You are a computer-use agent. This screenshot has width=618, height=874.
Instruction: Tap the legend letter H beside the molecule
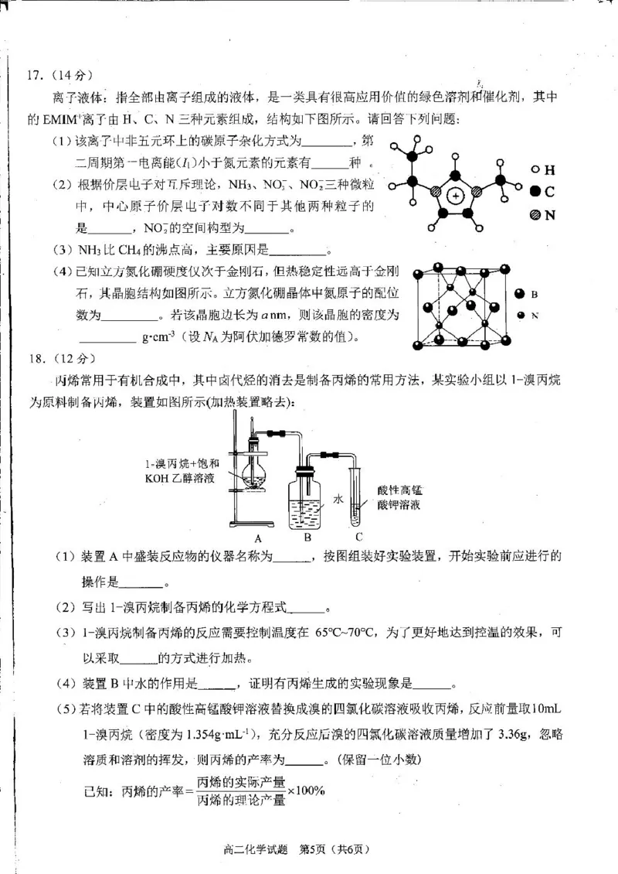(550, 169)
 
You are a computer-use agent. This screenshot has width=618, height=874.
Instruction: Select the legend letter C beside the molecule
(550, 192)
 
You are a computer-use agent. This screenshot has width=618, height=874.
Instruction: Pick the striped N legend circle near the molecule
(535, 215)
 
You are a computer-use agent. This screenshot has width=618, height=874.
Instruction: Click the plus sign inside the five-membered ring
(457, 197)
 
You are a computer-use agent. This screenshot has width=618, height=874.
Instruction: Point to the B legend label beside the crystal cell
(534, 295)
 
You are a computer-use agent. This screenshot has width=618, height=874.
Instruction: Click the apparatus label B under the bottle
(307, 536)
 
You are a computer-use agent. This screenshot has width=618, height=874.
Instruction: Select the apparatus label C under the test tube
(358, 536)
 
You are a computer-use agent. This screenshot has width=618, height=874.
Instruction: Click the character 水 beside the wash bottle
(337, 500)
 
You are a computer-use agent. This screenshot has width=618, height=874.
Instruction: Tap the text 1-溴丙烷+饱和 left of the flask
(182, 464)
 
